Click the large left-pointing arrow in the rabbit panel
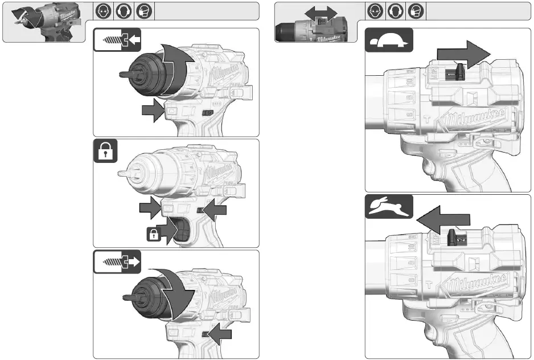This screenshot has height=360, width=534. (443, 219)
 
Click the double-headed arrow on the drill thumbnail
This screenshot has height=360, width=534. (321, 13)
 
